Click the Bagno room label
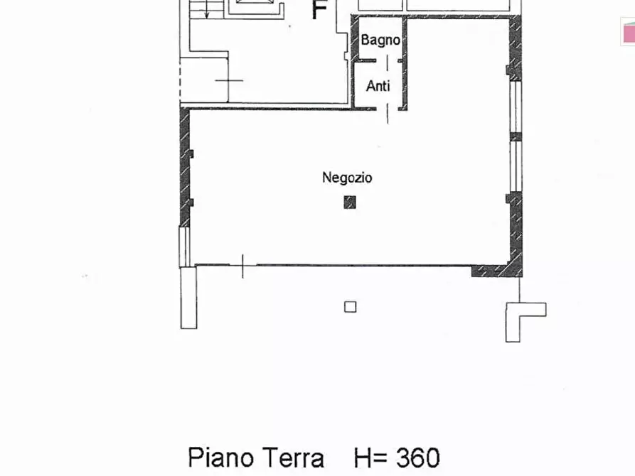380,40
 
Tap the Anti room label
378,87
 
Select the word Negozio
347,178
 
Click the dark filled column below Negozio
349,202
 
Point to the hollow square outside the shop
350,307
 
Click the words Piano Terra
256,458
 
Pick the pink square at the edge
629,33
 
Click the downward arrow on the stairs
206,11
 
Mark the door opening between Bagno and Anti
387,62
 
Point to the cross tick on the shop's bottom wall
242,266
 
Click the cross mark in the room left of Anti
228,80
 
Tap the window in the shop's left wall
184,246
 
